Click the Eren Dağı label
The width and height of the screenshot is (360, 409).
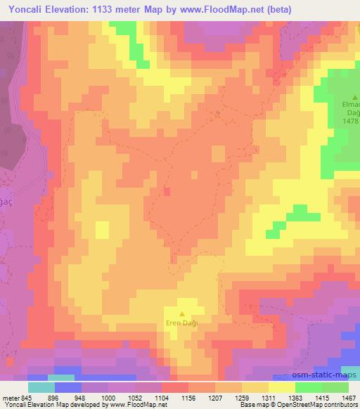[183, 323]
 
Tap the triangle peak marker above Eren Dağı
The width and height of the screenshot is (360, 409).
[183, 314]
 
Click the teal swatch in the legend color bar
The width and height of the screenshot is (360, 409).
[41, 387]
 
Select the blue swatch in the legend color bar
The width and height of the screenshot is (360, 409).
[68, 387]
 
